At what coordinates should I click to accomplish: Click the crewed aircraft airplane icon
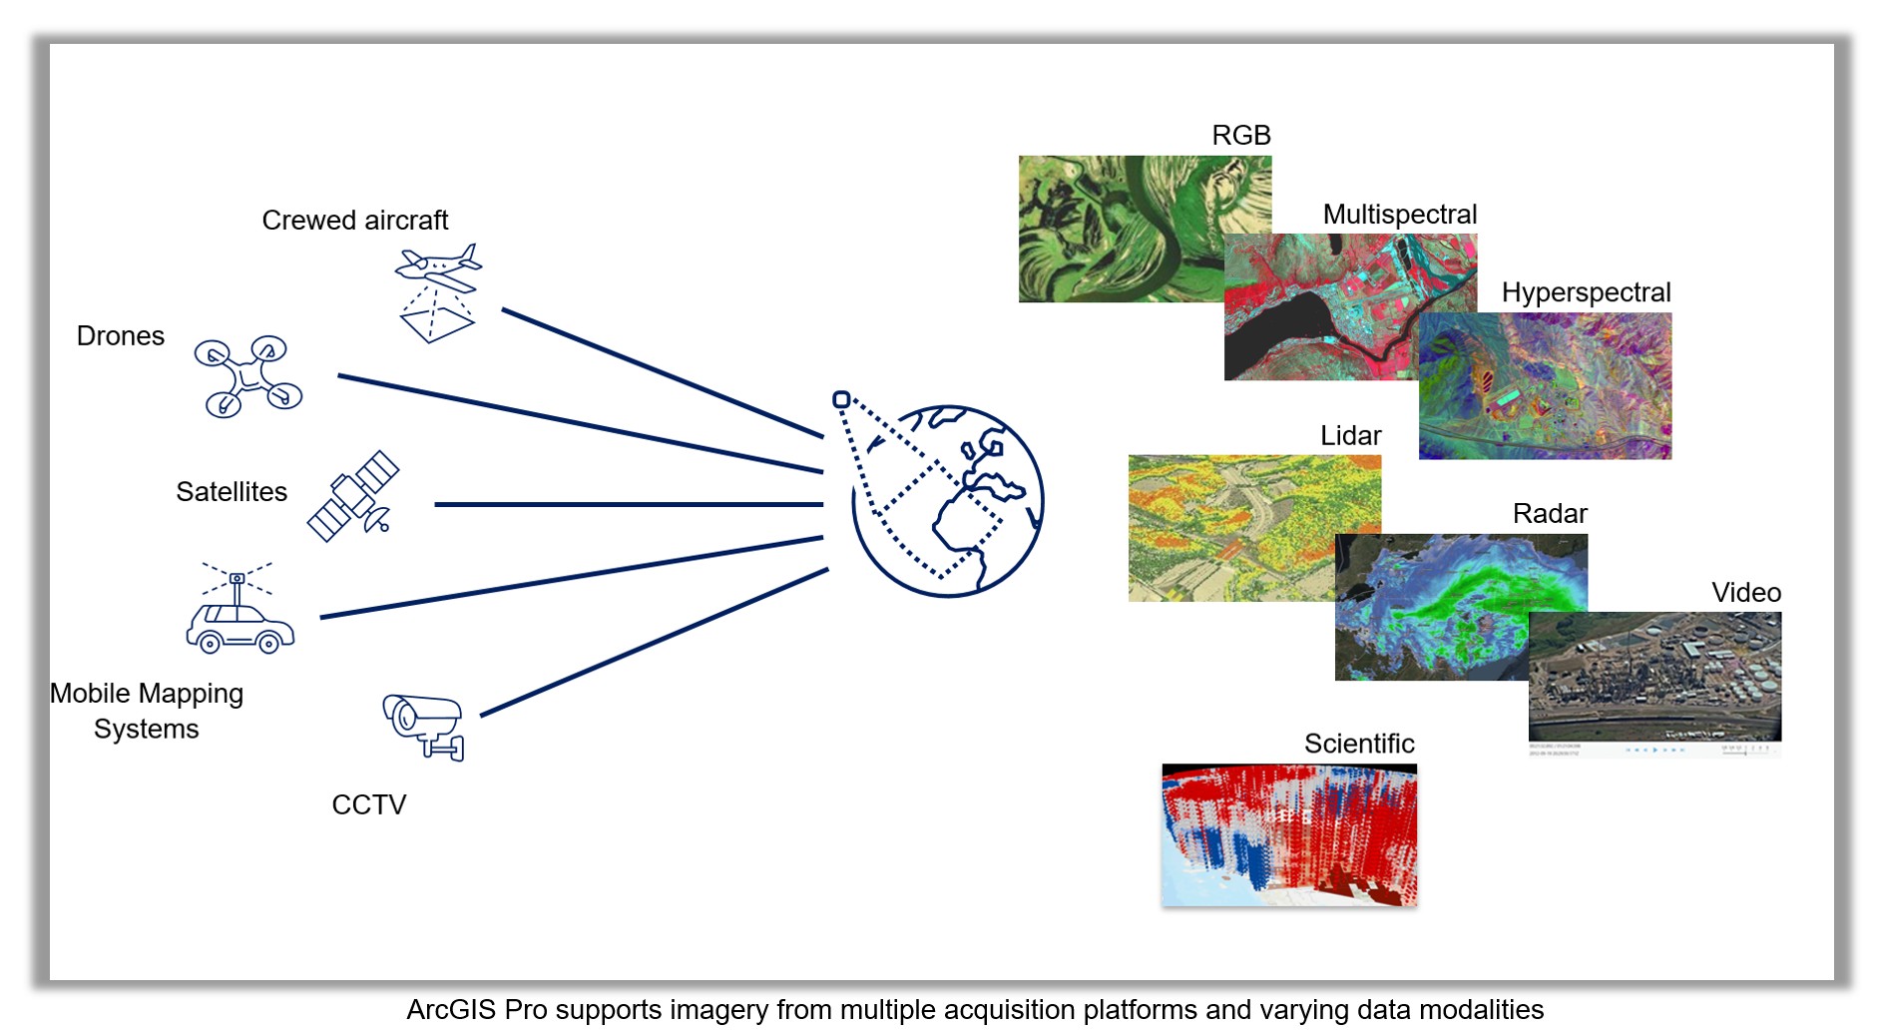(439, 270)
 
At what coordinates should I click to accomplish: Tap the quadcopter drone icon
(247, 377)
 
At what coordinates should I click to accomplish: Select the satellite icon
(353, 496)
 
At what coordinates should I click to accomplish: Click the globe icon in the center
(948, 501)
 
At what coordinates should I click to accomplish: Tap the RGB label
(1240, 135)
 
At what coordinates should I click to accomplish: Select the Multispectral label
(1399, 215)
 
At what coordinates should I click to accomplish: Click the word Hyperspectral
(1586, 292)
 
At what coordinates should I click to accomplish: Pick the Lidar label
(1350, 436)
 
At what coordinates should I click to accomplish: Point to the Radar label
(1549, 514)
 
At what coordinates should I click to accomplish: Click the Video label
(1745, 593)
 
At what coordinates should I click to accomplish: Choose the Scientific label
(1359, 744)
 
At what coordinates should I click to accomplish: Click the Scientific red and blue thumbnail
(1289, 835)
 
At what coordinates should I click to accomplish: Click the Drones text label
(121, 336)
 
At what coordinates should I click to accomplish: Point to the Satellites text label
(232, 492)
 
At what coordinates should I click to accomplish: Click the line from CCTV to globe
(654, 642)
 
